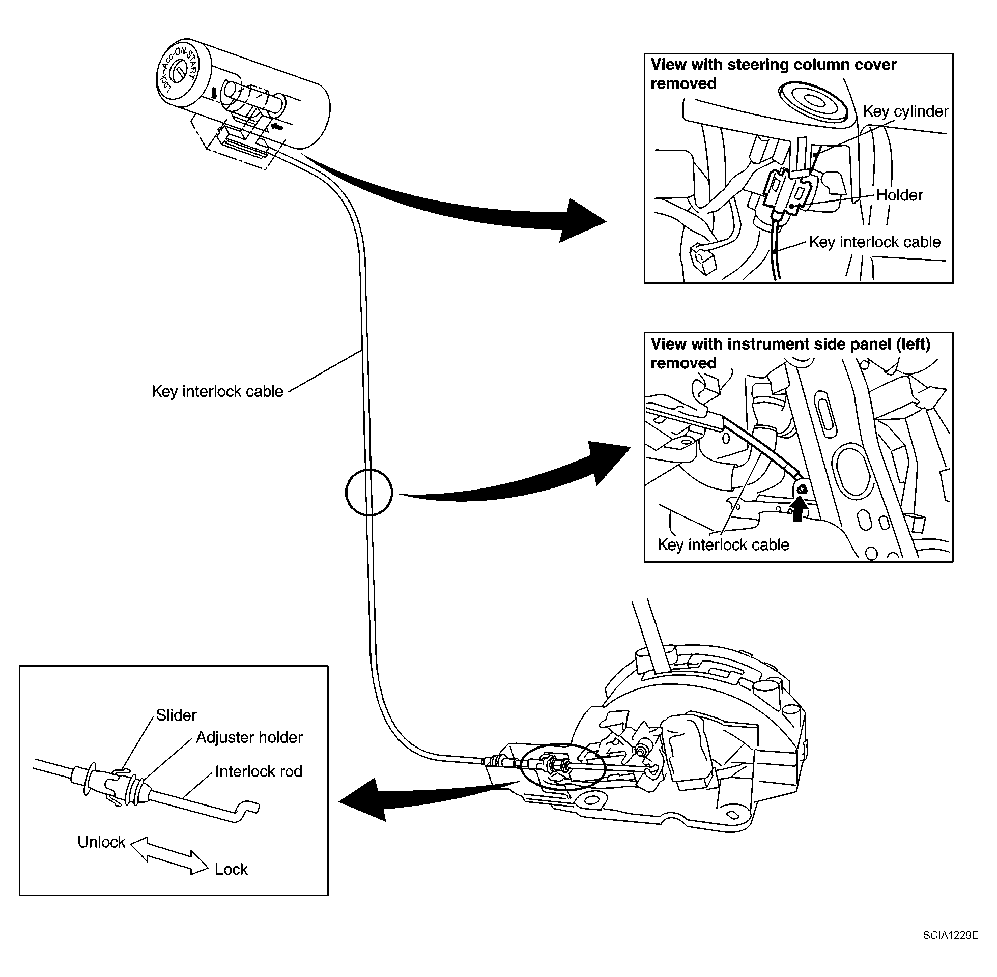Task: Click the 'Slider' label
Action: pyautogui.click(x=176, y=715)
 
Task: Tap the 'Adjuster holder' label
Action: pyautogui.click(x=249, y=737)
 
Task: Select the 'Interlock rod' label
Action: pyautogui.click(x=259, y=771)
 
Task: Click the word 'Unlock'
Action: pyautogui.click(x=101, y=842)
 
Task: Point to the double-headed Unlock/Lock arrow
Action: pyautogui.click(x=169, y=855)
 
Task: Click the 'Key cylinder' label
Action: pyautogui.click(x=906, y=111)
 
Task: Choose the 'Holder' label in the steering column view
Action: pyautogui.click(x=899, y=195)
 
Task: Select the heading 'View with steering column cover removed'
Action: pyautogui.click(x=773, y=74)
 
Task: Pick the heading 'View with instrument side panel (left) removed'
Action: pyautogui.click(x=790, y=353)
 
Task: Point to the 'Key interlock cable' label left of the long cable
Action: pyautogui.click(x=217, y=391)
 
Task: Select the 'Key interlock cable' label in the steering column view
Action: pyautogui.click(x=875, y=242)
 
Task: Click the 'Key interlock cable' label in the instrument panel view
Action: pyautogui.click(x=723, y=545)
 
